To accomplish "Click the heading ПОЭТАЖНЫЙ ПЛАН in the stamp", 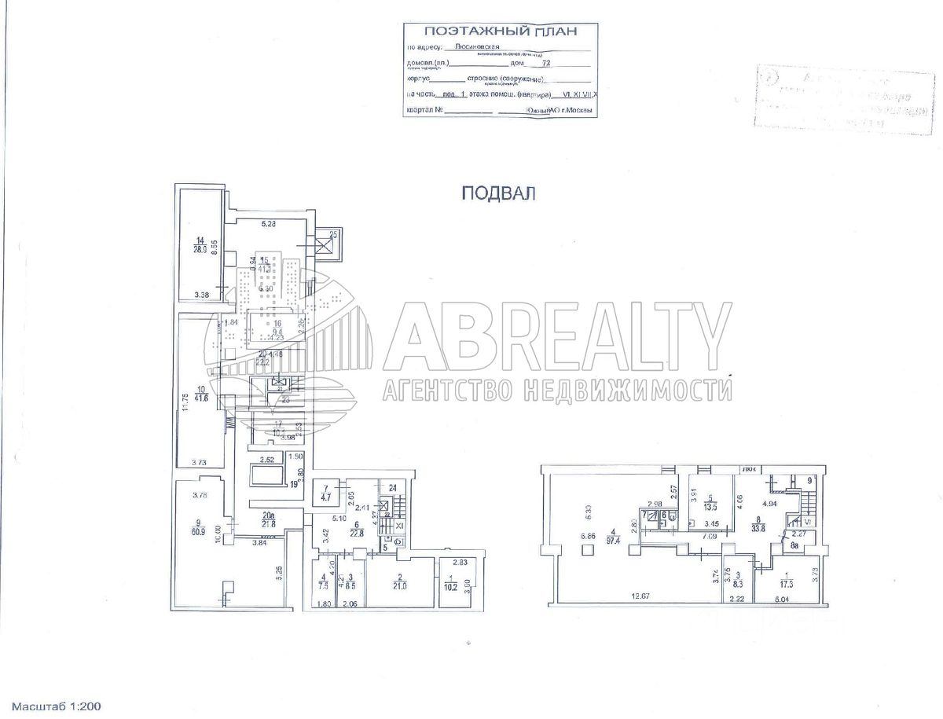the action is tap(500, 31).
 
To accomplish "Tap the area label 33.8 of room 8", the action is tap(756, 528).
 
